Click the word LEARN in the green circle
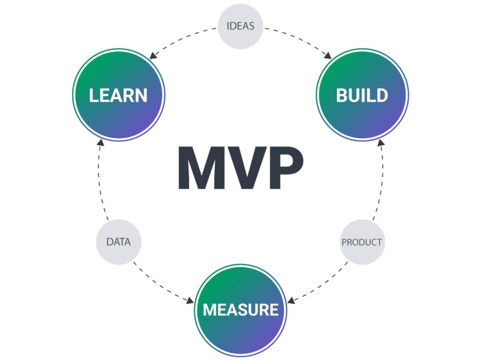[118, 95]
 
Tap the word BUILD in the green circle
[361, 95]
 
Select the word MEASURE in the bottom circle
[240, 309]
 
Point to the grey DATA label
[118, 242]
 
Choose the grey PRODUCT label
[361, 242]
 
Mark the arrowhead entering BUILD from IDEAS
[327, 56]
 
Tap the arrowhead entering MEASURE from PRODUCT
[292, 300]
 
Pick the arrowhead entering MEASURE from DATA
[189, 300]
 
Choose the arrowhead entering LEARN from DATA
[100, 144]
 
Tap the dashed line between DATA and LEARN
[99, 185]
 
